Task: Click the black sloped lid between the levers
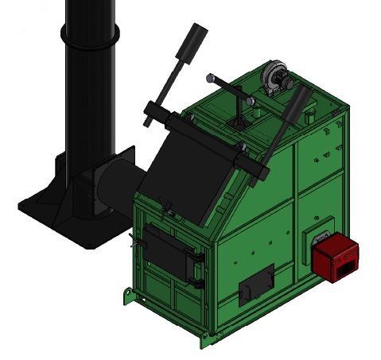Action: pos(187,168)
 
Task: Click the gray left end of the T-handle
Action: pos(211,78)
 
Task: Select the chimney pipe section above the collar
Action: pos(89,12)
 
